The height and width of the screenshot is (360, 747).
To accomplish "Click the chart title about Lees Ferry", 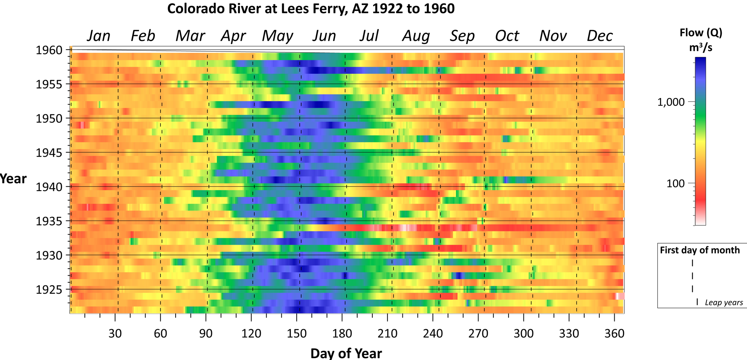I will pyautogui.click(x=311, y=9).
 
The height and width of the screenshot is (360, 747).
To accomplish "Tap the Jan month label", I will pyautogui.click(x=98, y=36).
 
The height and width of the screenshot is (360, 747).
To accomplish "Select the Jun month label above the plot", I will pyautogui.click(x=324, y=36).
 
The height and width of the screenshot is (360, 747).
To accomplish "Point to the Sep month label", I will pyautogui.click(x=462, y=36).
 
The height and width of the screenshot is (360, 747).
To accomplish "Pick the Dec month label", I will pyautogui.click(x=599, y=36).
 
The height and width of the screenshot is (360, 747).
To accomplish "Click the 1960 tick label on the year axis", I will pyautogui.click(x=49, y=50).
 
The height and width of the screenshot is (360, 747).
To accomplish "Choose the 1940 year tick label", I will pyautogui.click(x=49, y=187).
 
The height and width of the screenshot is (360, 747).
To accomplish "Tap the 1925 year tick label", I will pyautogui.click(x=49, y=290).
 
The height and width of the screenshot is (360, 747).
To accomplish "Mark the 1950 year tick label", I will pyautogui.click(x=49, y=118).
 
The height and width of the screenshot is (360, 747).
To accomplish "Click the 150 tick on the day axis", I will pyautogui.click(x=297, y=333).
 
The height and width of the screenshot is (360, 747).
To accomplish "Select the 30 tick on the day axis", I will pyautogui.click(x=115, y=333).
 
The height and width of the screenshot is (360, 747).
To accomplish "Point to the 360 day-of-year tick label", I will pyautogui.click(x=614, y=333).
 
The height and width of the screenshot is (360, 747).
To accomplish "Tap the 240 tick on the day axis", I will pyautogui.click(x=433, y=333).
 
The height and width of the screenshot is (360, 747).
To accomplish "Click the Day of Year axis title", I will pyautogui.click(x=346, y=353).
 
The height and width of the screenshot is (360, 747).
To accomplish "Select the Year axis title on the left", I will pyautogui.click(x=13, y=179).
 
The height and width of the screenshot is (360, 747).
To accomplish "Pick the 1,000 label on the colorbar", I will pyautogui.click(x=671, y=102).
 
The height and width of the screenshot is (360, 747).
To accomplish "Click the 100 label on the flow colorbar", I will pyautogui.click(x=675, y=184).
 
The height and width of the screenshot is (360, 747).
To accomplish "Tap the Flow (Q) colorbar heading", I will pyautogui.click(x=701, y=33).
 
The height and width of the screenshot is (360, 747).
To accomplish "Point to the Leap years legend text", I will pyautogui.click(x=724, y=303).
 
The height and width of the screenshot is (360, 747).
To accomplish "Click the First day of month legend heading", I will pyautogui.click(x=700, y=250).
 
